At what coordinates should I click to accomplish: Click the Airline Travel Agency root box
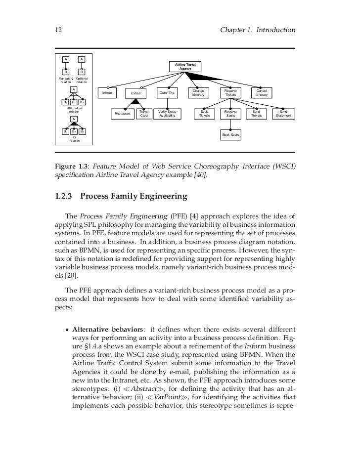pyautogui.click(x=184, y=66)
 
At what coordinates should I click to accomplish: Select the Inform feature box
pyautogui.click(x=107, y=92)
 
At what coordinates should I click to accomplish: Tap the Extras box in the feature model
pyautogui.click(x=135, y=93)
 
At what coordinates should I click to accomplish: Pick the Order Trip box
pyautogui.click(x=167, y=92)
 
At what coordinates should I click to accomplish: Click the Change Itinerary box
pyautogui.click(x=198, y=92)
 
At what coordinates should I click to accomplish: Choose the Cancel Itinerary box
pyautogui.click(x=262, y=92)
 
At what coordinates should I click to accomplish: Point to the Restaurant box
pyautogui.click(x=123, y=114)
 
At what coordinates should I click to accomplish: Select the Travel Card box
pyautogui.click(x=144, y=114)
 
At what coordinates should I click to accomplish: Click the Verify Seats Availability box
pyautogui.click(x=167, y=114)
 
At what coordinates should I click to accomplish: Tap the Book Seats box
pyautogui.click(x=230, y=134)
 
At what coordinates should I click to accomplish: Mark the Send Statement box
pyautogui.click(x=283, y=114)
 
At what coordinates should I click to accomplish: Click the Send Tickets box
pyautogui.click(x=256, y=114)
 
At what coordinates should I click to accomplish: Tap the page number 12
pyautogui.click(x=58, y=31)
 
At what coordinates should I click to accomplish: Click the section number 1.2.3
pyautogui.click(x=63, y=197)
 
